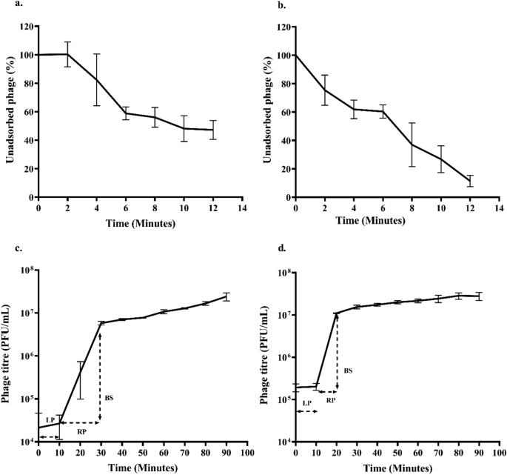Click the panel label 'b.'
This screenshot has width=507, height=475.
(x=263, y=7)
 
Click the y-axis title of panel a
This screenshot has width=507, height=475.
(x=10, y=112)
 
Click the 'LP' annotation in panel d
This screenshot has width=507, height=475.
(x=305, y=402)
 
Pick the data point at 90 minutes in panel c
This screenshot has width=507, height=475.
(x=226, y=296)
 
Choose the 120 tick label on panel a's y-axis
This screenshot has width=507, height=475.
(x=27, y=27)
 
